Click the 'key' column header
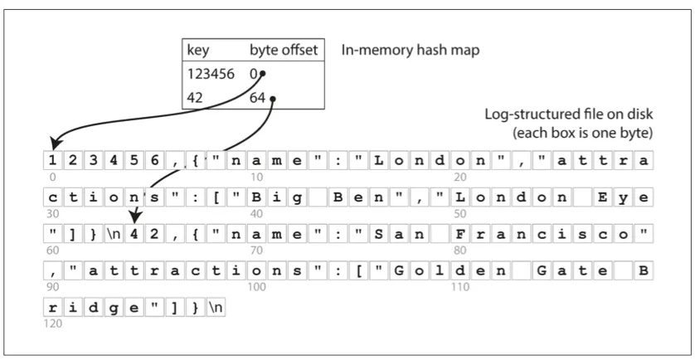pyautogui.click(x=197, y=51)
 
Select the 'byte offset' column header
pyautogui.click(x=284, y=51)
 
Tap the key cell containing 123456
pyautogui.click(x=211, y=75)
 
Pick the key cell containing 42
pyautogui.click(x=197, y=99)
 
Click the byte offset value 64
pyautogui.click(x=257, y=99)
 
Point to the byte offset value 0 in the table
pyautogui.click(x=254, y=75)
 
